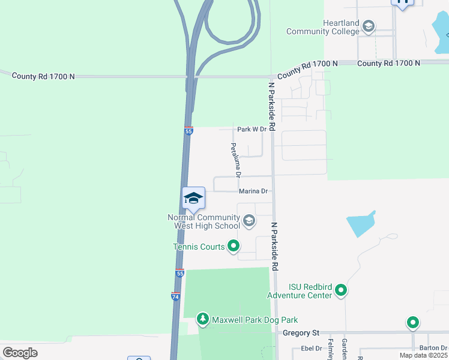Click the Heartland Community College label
click(324, 27)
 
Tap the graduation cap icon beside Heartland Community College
click(369, 26)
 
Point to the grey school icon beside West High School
click(249, 222)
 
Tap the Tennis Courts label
click(199, 246)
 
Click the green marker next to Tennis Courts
click(234, 245)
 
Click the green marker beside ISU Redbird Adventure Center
click(341, 291)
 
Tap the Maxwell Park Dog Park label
click(255, 320)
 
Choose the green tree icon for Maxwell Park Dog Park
click(203, 319)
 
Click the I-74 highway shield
click(175, 296)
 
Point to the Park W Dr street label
click(252, 129)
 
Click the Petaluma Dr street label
click(235, 160)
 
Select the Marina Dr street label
click(253, 191)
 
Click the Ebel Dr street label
click(312, 348)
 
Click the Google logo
click(20, 352)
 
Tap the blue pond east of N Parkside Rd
click(361, 224)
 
